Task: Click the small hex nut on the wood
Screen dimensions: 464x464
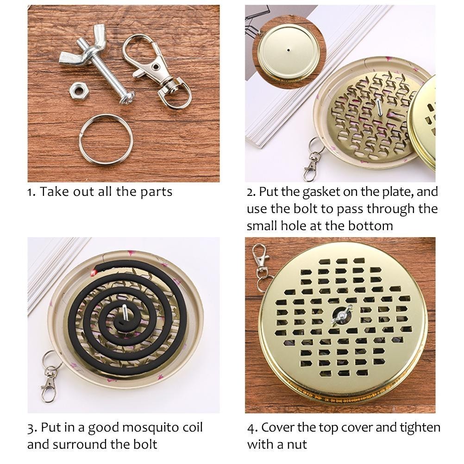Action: [77, 91]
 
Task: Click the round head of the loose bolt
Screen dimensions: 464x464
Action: [127, 97]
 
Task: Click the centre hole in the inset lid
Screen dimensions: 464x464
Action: [288, 50]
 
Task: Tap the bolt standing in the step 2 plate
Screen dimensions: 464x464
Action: [379, 107]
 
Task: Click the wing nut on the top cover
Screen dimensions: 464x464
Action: [341, 316]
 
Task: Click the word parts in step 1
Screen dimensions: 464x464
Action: [156, 192]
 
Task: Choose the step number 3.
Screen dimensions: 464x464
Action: [31, 428]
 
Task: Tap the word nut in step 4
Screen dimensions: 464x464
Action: [297, 445]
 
